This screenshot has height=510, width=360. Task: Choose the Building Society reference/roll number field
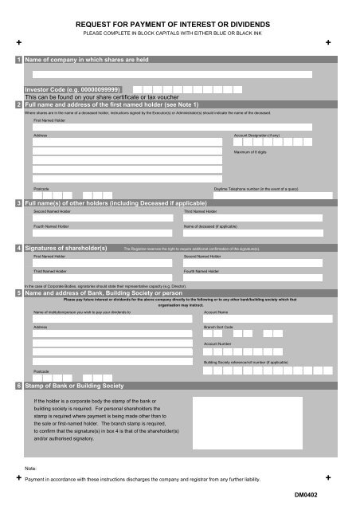click(267, 371)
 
